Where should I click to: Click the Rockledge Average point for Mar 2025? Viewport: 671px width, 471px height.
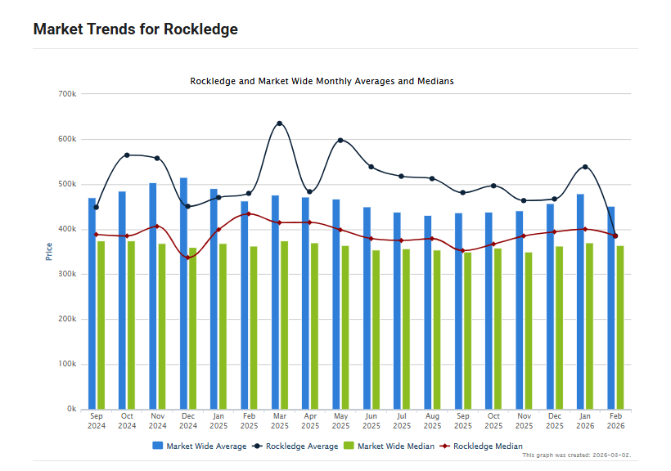tap(279, 123)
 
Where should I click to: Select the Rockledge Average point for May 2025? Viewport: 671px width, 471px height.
tap(340, 141)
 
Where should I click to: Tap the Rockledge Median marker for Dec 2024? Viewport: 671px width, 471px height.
tap(187, 258)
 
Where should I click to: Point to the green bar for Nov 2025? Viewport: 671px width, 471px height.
tap(529, 330)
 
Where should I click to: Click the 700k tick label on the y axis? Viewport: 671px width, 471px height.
tap(68, 94)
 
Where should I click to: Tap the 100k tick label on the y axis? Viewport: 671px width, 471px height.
tap(68, 364)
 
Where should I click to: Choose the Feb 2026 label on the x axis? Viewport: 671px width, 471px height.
tap(615, 420)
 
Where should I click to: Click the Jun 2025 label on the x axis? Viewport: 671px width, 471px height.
tap(371, 420)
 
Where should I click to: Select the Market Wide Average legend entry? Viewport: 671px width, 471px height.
tap(199, 446)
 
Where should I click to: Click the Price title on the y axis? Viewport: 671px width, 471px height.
tap(49, 252)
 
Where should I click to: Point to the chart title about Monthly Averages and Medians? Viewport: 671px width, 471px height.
tap(322, 82)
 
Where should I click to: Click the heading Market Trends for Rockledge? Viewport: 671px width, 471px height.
tap(135, 29)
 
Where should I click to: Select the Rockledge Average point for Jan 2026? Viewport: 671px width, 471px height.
tap(585, 167)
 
